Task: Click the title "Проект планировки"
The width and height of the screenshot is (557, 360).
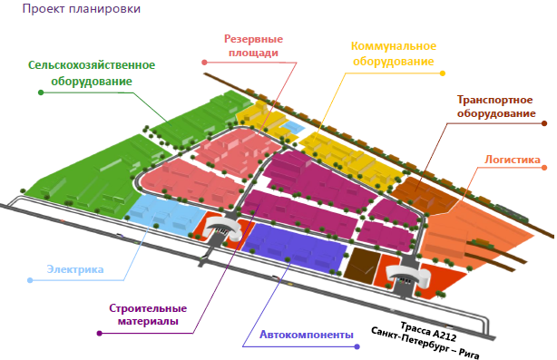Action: pos(82,8)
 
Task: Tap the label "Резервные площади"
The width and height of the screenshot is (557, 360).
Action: pos(253,46)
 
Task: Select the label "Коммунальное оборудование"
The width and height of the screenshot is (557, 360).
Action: pos(394,54)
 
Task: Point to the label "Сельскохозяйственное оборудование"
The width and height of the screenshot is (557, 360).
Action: pos(92,73)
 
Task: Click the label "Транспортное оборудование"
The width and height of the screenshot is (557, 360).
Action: pos(496,106)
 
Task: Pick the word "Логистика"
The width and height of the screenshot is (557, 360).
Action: pos(513,160)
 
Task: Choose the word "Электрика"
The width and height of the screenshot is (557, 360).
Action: pos(75,269)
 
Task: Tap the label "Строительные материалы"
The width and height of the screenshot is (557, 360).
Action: pos(148,315)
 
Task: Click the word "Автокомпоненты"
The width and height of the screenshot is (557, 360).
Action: pos(307,335)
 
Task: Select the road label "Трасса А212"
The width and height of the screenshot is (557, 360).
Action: pos(428,332)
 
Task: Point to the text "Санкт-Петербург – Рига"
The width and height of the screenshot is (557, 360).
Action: pos(425,343)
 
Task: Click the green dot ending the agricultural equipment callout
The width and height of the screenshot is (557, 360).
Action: pos(41,92)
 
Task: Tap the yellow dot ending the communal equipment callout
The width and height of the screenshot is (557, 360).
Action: pos(443,73)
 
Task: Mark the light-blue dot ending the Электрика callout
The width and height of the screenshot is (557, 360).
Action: pos(30,280)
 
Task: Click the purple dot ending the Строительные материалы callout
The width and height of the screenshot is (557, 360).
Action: pos(100,334)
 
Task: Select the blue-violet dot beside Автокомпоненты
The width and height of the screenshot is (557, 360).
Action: pos(357,346)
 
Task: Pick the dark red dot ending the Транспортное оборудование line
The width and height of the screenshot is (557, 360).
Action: pos(544,123)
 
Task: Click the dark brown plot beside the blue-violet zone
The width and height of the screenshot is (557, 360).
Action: pos(362,266)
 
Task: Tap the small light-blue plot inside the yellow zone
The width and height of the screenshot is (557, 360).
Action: pos(292,128)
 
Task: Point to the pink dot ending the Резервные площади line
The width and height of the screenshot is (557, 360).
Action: pos(204,63)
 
